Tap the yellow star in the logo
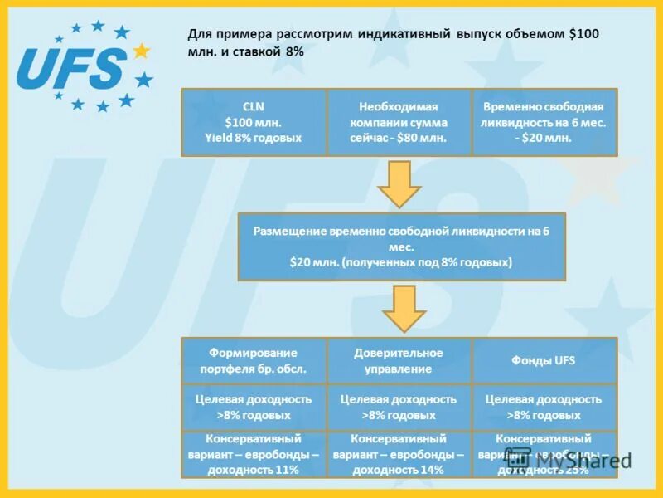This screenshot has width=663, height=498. tap(141, 51)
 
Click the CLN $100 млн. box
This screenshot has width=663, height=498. tap(254, 122)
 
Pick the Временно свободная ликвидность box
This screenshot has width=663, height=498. tap(544, 122)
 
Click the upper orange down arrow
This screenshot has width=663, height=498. tap(400, 183)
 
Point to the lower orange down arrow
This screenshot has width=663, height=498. tap(404, 308)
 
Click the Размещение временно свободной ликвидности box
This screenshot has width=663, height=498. tap(401, 247)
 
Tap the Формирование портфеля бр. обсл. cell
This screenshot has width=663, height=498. tap(254, 360)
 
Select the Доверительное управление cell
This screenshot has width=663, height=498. tap(399, 360)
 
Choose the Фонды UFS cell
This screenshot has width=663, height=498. tap(544, 360)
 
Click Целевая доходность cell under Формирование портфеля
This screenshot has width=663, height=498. tap(254, 407)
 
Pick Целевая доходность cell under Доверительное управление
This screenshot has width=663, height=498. tap(399, 407)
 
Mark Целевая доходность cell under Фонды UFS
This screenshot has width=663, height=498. tap(544, 407)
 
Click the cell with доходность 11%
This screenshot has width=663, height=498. tap(254, 454)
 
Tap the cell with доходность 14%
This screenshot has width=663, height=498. tap(399, 454)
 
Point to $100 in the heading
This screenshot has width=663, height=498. tap(583, 34)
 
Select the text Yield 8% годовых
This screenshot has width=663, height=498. tap(254, 137)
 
